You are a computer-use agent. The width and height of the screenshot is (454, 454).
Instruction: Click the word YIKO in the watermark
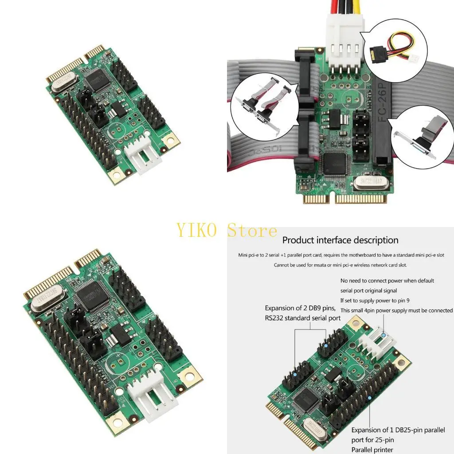(196, 231)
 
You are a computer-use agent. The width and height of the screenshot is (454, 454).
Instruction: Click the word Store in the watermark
(252, 231)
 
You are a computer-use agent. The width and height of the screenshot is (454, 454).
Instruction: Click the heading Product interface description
(340, 240)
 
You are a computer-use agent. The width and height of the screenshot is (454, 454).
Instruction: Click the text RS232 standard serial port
(302, 317)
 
